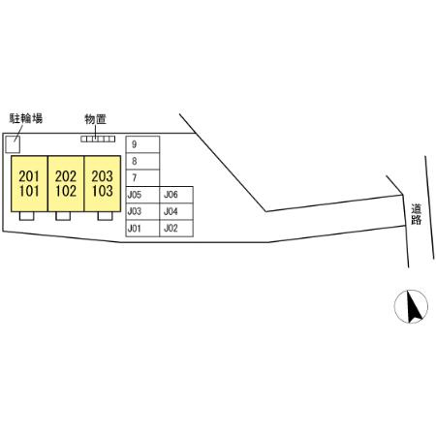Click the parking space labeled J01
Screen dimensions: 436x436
(x=142, y=229)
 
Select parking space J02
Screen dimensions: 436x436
(x=176, y=229)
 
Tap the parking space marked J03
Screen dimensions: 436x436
(x=142, y=211)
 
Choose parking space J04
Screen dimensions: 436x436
(x=176, y=211)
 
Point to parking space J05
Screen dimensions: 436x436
(x=142, y=195)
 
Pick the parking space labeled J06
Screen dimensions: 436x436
(x=176, y=195)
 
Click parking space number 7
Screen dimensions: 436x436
(x=142, y=178)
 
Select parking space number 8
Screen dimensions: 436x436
(x=142, y=161)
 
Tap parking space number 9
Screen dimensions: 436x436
(x=142, y=144)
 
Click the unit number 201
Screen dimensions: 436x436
(x=29, y=176)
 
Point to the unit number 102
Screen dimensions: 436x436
(x=66, y=191)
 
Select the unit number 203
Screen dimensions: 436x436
(x=102, y=176)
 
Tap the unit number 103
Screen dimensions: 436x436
(x=102, y=191)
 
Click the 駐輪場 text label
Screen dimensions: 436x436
(x=26, y=118)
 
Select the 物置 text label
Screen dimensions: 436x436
(x=95, y=119)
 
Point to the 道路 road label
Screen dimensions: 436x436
(x=417, y=214)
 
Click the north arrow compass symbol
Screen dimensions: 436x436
(x=411, y=306)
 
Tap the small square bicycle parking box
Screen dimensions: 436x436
(x=13, y=144)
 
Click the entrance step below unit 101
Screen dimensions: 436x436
(x=26, y=216)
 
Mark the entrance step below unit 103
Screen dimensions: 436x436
(x=105, y=216)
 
